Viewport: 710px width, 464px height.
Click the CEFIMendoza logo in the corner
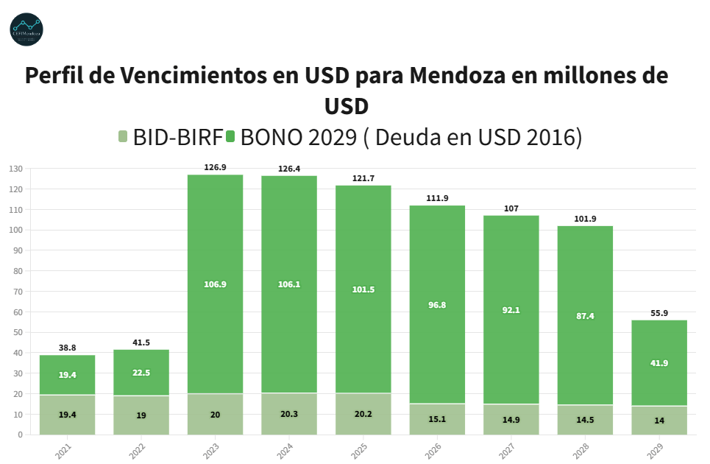[x=26, y=29]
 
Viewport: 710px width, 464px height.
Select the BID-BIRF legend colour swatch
[x=124, y=136]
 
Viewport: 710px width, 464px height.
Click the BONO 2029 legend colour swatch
[x=230, y=136]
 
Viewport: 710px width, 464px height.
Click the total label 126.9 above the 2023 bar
[x=215, y=167]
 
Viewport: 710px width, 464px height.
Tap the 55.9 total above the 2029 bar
[x=659, y=313]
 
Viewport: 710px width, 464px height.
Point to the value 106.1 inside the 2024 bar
[x=289, y=284]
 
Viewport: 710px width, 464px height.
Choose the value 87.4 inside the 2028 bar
[x=585, y=316]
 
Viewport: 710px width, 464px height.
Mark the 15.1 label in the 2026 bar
[x=437, y=419]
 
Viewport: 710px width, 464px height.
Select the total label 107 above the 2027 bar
[x=511, y=208]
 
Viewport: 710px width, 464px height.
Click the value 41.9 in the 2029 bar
[x=659, y=363]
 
